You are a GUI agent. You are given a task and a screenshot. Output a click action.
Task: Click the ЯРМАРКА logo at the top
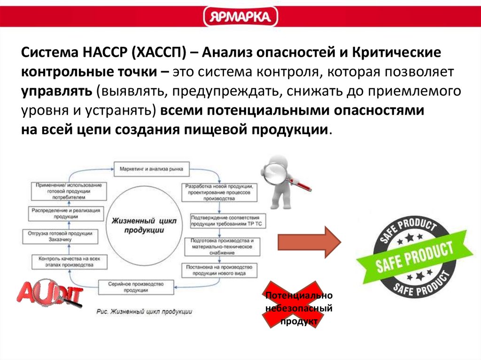[240, 17]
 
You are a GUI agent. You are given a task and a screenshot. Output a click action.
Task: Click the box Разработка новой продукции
[220, 192]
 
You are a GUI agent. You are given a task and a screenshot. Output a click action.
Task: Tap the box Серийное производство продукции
[136, 286]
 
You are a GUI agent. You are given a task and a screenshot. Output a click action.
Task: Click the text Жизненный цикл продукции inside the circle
[144, 224]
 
